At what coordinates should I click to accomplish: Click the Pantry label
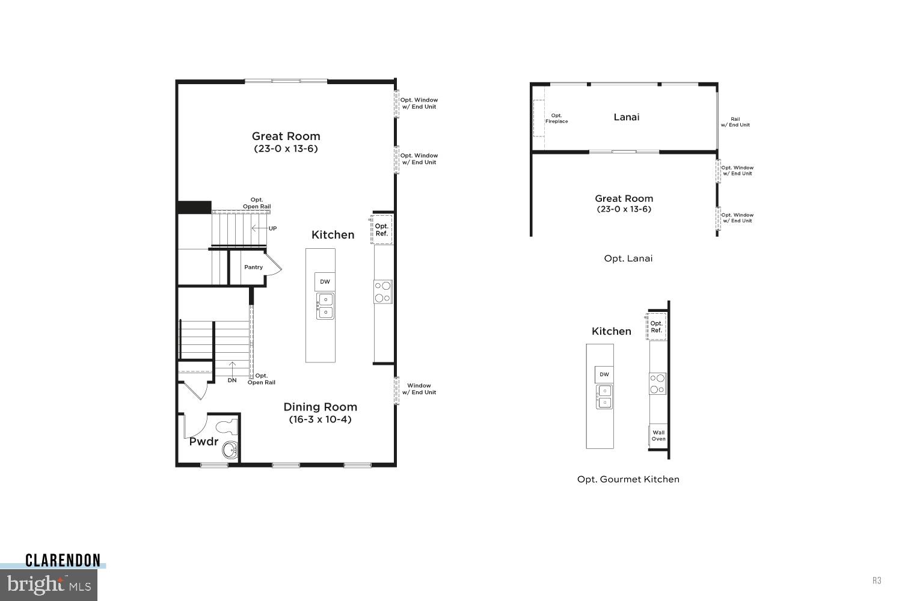(x=253, y=267)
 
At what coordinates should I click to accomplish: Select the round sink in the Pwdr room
(x=229, y=450)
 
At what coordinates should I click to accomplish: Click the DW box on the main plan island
(x=325, y=282)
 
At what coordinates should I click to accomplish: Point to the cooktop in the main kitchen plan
(x=383, y=291)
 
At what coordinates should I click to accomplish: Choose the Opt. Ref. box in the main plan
(x=382, y=230)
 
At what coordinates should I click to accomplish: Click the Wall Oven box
(x=658, y=436)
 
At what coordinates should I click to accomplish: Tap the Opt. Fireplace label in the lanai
(x=556, y=118)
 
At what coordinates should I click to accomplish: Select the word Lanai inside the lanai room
(x=626, y=117)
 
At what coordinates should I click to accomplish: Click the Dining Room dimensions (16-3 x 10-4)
(x=320, y=419)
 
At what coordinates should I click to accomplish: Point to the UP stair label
(x=272, y=228)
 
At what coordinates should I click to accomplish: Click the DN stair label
(x=232, y=380)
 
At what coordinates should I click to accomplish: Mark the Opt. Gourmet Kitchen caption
(x=628, y=480)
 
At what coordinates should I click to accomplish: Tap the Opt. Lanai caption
(x=628, y=258)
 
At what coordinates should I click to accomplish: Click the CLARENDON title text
(x=63, y=561)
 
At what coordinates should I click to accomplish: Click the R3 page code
(x=877, y=581)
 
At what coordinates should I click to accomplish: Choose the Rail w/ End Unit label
(x=735, y=122)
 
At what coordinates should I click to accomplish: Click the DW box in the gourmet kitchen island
(x=604, y=374)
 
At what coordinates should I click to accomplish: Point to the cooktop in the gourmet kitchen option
(x=658, y=383)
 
